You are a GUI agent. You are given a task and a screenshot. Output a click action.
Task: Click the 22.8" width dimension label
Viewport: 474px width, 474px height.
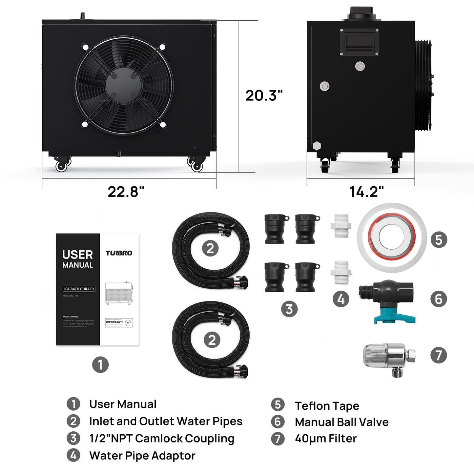pos(126,192)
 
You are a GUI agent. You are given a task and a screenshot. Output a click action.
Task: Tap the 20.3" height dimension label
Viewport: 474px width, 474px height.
pos(264,95)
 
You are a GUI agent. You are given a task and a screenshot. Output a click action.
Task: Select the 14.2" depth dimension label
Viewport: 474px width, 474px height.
pos(366,192)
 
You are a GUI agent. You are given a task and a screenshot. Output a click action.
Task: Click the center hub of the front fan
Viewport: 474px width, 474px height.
pos(124,85)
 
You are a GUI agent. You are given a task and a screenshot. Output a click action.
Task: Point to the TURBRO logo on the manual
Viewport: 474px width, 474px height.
pos(119,253)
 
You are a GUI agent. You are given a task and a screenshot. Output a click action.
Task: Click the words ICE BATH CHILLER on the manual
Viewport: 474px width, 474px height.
pos(79,289)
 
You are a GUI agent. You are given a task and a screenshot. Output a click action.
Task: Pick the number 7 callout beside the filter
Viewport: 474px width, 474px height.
pos(439,355)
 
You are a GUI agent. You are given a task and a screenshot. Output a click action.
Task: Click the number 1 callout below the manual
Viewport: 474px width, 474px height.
pos(100,364)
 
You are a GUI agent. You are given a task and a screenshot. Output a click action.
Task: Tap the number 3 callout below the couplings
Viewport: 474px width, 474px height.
pos(289,309)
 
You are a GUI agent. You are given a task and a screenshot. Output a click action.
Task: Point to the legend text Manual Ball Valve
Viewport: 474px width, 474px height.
pos(341,422)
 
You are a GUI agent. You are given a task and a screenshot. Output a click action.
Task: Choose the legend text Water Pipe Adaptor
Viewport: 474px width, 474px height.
pos(142,456)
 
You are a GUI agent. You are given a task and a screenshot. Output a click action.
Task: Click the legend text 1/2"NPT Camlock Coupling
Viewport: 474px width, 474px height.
pos(161,439)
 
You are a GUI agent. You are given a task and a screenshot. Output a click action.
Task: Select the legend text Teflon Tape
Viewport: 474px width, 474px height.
pos(327,406)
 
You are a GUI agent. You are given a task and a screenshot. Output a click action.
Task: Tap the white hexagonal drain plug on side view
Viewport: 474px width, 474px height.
pos(317,146)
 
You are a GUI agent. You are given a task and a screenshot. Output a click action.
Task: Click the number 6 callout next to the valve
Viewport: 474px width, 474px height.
pos(439,299)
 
